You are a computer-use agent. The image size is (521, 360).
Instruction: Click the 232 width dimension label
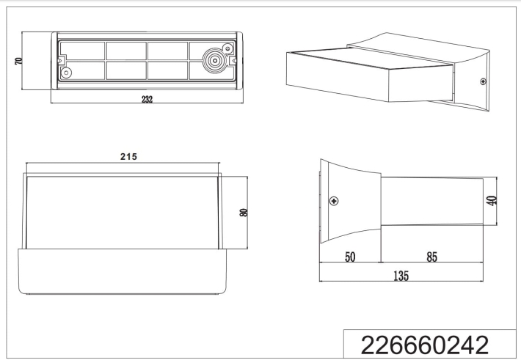click(x=147, y=99)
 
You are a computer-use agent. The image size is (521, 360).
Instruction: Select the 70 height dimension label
click(x=19, y=61)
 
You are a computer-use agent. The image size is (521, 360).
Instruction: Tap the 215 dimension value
click(x=128, y=156)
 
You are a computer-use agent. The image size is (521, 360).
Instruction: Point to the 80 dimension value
click(x=244, y=213)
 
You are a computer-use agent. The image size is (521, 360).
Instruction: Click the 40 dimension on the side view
click(x=492, y=201)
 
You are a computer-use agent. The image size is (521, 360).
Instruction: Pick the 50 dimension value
click(x=350, y=257)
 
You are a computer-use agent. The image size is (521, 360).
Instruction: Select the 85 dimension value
click(x=431, y=257)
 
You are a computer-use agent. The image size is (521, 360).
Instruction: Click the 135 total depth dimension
click(x=401, y=276)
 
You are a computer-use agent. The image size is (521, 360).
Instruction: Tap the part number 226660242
click(x=425, y=345)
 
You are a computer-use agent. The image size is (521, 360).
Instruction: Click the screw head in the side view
click(x=334, y=201)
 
